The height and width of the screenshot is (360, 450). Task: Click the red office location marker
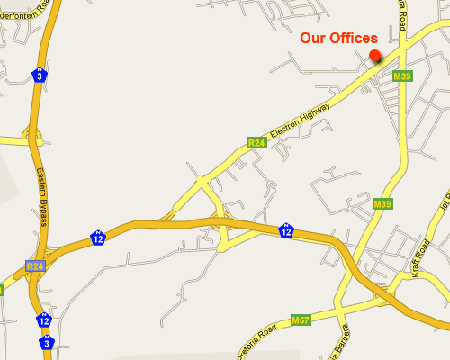[x=374, y=57]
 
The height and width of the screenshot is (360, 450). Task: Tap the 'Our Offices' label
[x=338, y=38]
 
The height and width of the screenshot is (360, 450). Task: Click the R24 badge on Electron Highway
[x=256, y=142]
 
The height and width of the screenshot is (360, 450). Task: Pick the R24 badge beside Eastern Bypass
[x=35, y=266]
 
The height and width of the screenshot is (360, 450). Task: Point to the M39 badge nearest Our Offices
[x=402, y=76]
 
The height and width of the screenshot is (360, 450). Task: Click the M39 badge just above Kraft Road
[x=382, y=204]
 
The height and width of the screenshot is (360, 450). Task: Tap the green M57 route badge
[x=301, y=320]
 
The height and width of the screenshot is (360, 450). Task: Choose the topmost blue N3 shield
[x=40, y=74]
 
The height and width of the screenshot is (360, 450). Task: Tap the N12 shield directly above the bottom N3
[x=44, y=319]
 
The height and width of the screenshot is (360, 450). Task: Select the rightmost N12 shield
[x=285, y=231]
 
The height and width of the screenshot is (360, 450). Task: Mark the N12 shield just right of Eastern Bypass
[x=97, y=238]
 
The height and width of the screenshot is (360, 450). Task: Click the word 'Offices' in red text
[x=355, y=38]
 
